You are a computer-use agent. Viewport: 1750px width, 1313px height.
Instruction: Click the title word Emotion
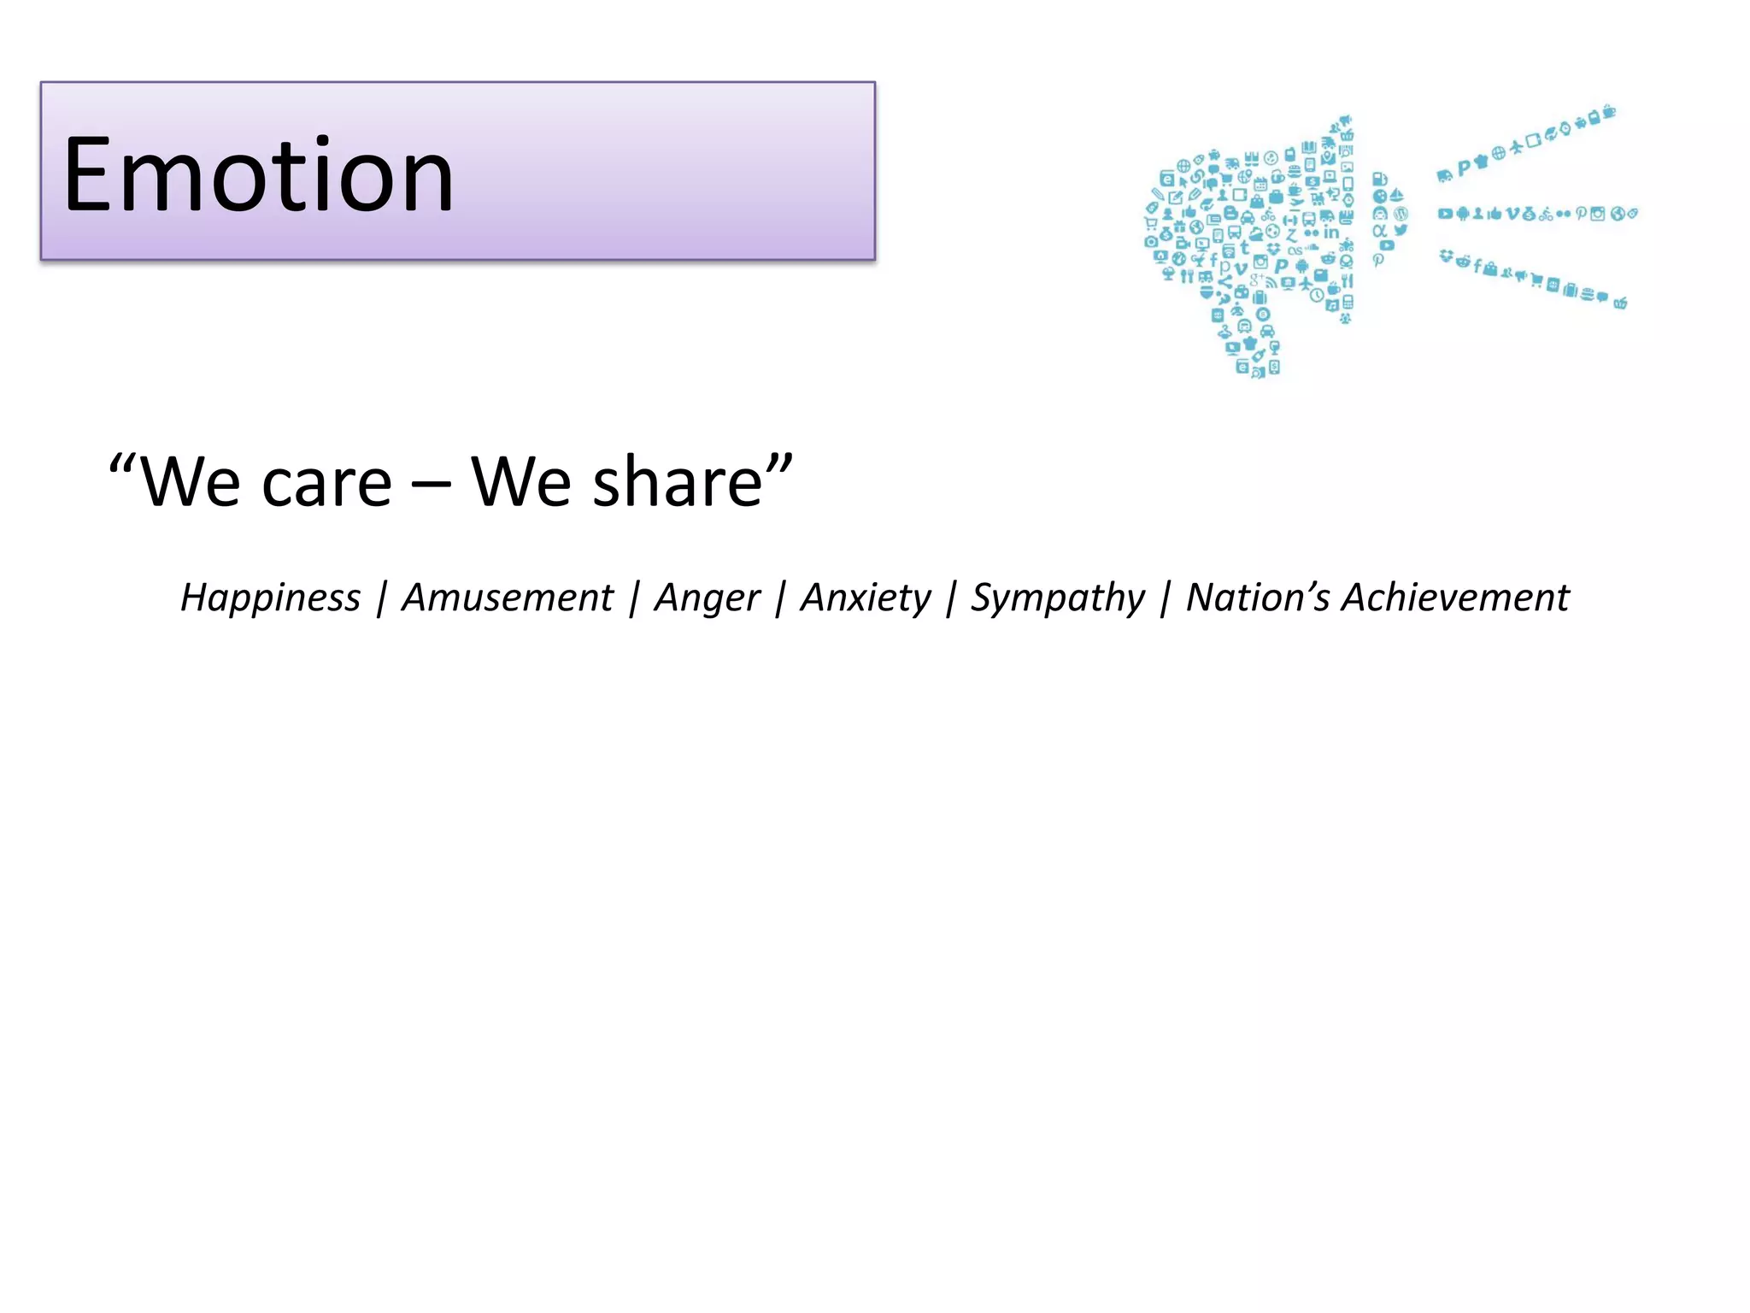point(258,175)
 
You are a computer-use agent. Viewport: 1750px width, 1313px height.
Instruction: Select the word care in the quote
point(326,483)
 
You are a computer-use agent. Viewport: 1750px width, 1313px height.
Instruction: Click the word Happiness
point(270,598)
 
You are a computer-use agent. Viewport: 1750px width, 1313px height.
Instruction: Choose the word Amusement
point(507,598)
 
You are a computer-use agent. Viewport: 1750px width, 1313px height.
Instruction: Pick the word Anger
point(707,598)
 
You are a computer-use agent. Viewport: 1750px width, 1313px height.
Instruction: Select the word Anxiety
point(865,598)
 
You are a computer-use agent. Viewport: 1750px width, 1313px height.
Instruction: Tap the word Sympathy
point(1057,598)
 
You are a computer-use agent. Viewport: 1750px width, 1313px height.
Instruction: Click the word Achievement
point(1455,598)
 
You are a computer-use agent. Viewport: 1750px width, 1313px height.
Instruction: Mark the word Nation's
point(1256,598)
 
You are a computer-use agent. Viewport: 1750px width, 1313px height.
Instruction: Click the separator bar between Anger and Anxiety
point(780,598)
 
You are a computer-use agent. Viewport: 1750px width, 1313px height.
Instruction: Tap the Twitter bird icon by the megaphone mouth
point(1401,230)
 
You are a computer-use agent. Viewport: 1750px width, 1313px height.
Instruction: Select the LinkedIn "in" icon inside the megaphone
point(1331,233)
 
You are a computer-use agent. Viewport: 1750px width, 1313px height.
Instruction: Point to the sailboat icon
point(1396,196)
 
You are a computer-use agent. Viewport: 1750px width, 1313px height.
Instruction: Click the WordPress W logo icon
point(1401,213)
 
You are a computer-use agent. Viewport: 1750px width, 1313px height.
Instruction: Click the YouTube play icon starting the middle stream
point(1444,213)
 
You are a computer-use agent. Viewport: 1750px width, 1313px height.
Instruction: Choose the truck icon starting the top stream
point(1444,176)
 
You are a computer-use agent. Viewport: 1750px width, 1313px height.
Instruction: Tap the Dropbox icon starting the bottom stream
point(1446,255)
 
